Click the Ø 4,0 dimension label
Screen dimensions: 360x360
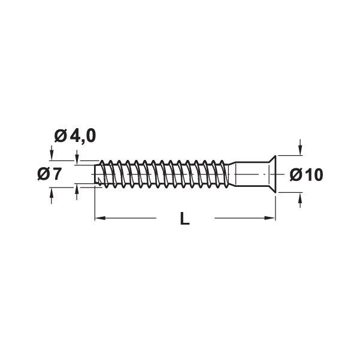tap(74, 136)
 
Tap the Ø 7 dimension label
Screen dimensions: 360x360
tap(50, 174)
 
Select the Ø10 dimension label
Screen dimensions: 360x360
tap(306, 174)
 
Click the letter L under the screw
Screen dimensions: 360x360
tap(184, 219)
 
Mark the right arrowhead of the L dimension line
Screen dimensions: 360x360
tap(272, 219)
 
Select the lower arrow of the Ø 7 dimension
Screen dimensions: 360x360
tap(52, 193)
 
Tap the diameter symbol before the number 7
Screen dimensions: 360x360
tap(43, 174)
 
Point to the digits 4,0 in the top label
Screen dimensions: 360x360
tap(83, 136)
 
